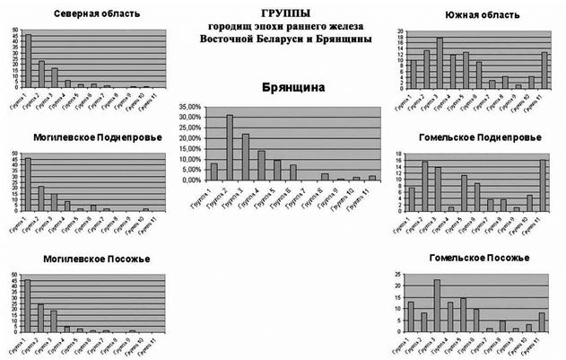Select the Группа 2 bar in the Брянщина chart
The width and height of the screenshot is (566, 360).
(x=230, y=147)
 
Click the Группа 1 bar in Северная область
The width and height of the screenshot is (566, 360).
(x=27, y=61)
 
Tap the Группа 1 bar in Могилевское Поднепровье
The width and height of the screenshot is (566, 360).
(x=27, y=184)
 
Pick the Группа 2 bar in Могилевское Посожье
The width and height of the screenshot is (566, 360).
(x=40, y=318)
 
